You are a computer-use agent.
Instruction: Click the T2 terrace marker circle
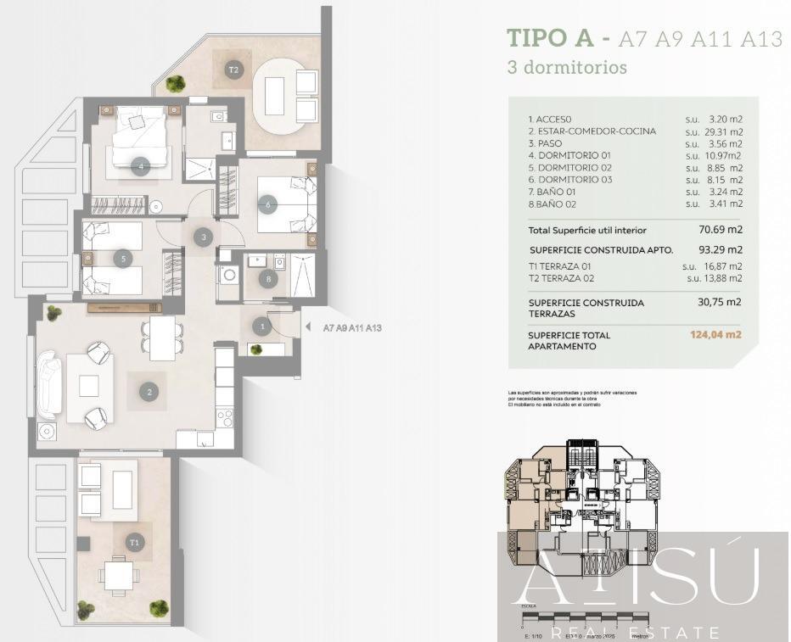click(x=233, y=70)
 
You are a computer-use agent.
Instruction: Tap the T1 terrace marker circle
click(x=134, y=542)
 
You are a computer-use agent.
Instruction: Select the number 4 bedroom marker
click(x=141, y=166)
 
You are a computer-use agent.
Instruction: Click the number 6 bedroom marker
click(x=268, y=204)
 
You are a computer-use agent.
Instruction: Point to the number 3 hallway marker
click(x=203, y=237)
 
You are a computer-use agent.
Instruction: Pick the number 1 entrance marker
click(x=263, y=326)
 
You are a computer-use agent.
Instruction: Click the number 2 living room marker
click(x=149, y=392)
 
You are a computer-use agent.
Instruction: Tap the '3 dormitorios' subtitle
click(x=566, y=66)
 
